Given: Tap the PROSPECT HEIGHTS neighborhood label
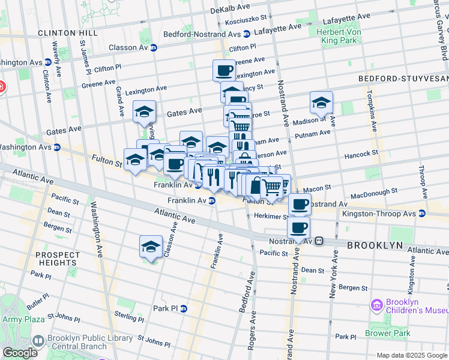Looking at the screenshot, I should [x=56, y=259].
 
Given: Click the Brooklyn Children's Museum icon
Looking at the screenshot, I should [x=377, y=306].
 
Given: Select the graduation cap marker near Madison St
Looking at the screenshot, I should [x=321, y=102].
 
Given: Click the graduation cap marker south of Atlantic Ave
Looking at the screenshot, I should [x=151, y=246].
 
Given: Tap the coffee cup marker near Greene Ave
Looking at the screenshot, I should [x=224, y=70].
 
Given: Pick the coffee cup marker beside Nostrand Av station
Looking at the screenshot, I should [x=299, y=227].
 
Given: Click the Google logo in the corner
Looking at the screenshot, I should [x=19, y=353].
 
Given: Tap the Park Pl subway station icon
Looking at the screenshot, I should [x=184, y=308].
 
